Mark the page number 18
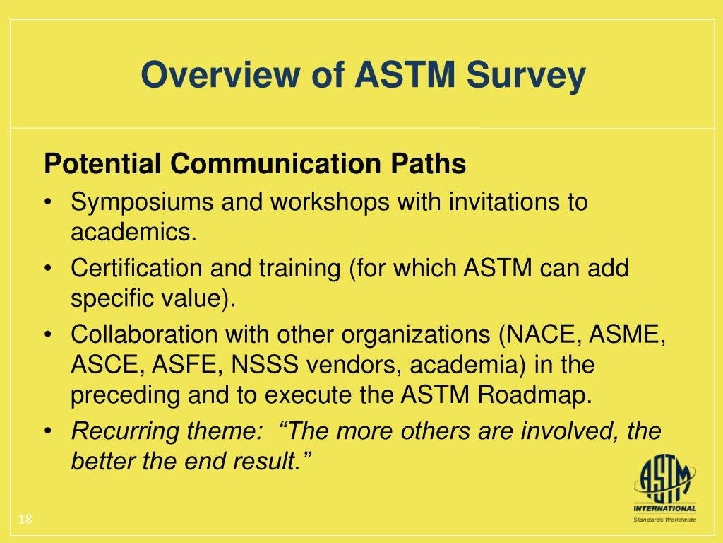point(25,520)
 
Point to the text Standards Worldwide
point(664,520)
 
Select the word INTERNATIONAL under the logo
point(664,508)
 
